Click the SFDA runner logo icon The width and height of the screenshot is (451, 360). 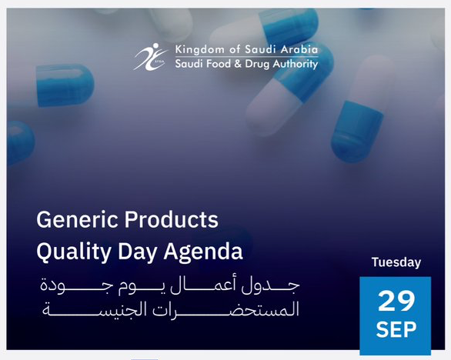(151, 57)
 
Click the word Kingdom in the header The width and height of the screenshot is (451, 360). (199, 50)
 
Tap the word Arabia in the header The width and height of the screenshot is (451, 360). (299, 49)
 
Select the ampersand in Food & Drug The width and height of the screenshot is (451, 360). (238, 64)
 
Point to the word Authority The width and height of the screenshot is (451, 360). (295, 64)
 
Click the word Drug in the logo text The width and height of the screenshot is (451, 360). (257, 64)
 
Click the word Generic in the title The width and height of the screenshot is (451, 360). (77, 220)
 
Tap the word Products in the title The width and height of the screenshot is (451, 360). (171, 220)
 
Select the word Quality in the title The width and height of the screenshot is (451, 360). (74, 252)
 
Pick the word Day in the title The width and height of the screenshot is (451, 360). (138, 252)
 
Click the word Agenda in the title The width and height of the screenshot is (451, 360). (203, 252)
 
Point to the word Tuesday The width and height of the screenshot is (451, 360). (396, 262)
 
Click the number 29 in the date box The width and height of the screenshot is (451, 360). (396, 301)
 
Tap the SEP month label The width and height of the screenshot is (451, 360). (396, 329)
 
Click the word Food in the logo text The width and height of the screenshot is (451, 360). (217, 64)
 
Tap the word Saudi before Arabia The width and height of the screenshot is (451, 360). (261, 49)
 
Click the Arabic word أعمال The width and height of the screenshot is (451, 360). (202, 285)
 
